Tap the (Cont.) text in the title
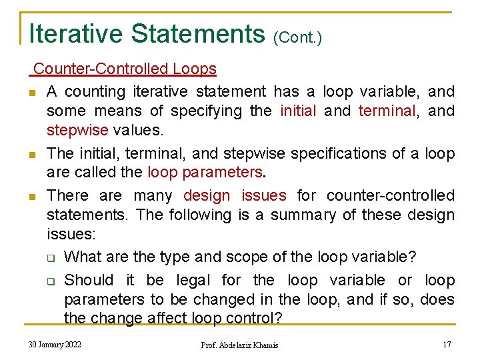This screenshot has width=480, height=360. [298, 37]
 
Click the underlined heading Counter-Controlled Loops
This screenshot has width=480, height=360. [125, 69]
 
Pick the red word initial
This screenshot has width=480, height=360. [298, 111]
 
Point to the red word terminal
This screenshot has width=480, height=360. [387, 111]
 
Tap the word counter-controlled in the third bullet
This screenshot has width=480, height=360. [391, 195]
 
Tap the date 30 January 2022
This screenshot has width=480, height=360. [55, 344]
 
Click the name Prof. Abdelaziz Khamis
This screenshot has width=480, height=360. [239, 345]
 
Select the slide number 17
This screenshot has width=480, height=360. [447, 344]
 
